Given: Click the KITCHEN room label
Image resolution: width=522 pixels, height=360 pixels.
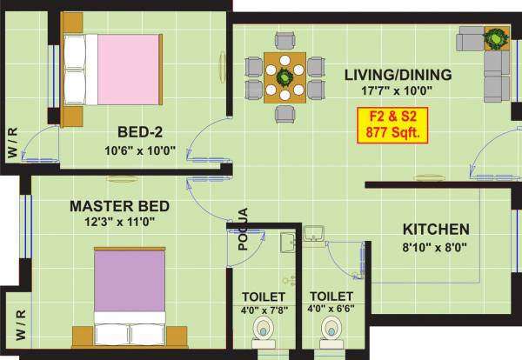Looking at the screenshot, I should click(x=436, y=230).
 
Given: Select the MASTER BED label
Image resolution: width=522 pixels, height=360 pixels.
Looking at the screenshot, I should click(x=119, y=206).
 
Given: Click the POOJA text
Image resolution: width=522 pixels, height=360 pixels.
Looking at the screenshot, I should click(x=244, y=229).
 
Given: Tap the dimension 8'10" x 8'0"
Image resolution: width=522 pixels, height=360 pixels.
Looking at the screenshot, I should click(x=436, y=247).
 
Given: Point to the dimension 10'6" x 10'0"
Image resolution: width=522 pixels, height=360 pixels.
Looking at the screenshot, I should click(x=140, y=150).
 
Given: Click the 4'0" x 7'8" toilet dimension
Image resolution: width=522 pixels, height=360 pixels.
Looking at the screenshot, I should click(x=262, y=310).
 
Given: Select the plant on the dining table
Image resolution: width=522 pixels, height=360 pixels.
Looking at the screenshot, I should click(x=284, y=77).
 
